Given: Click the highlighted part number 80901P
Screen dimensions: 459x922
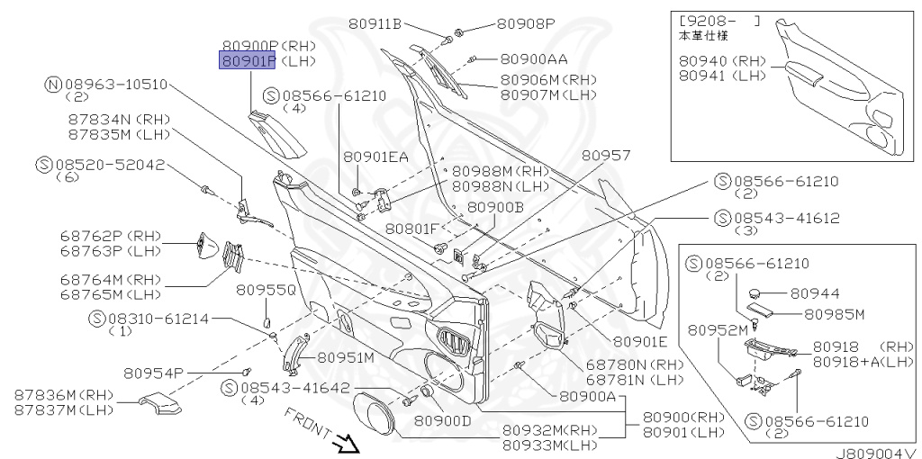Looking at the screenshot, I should click(250, 61).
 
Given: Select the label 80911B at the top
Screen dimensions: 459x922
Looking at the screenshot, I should click(399, 24).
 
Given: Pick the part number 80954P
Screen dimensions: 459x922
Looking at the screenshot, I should click(154, 373).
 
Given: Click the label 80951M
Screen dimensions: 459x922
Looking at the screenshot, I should click(345, 357).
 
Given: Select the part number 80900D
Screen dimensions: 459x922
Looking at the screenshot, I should click(443, 420).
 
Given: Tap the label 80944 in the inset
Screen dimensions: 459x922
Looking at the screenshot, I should click(816, 293).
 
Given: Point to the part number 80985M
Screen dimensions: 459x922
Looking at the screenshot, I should click(834, 314).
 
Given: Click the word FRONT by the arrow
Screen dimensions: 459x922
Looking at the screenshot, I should click(305, 422).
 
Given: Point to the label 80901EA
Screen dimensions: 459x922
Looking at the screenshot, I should click(375, 157).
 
